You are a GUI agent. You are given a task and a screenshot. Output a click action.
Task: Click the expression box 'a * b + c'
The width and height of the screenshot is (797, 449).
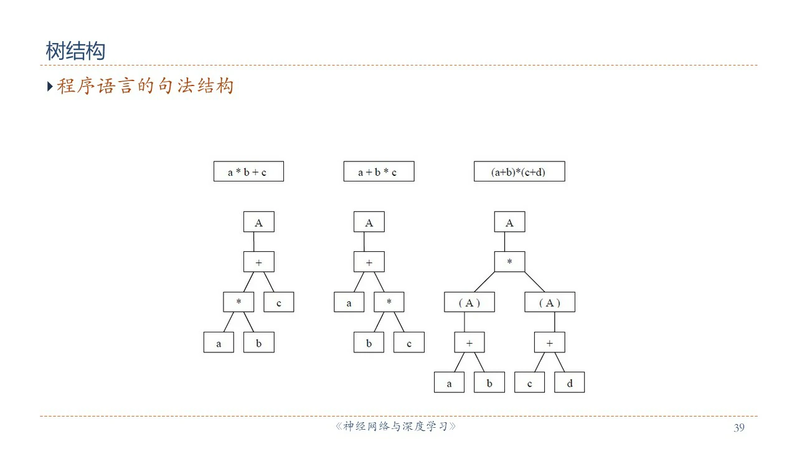click(x=248, y=171)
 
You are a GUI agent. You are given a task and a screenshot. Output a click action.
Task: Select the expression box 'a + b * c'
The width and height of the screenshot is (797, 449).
click(x=379, y=171)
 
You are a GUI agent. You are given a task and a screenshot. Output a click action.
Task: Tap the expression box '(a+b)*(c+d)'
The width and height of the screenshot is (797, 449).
click(x=519, y=171)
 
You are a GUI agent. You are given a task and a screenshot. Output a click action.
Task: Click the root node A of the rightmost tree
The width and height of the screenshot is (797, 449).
click(x=509, y=222)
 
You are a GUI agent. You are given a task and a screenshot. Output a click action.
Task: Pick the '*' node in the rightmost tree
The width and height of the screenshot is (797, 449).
click(x=509, y=262)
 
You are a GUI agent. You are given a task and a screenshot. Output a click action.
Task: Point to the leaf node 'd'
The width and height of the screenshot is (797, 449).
click(x=569, y=382)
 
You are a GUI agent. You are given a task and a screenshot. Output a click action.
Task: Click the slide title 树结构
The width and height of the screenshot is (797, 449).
click(x=75, y=51)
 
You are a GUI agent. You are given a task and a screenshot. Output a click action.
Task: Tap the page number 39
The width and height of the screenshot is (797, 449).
click(x=739, y=427)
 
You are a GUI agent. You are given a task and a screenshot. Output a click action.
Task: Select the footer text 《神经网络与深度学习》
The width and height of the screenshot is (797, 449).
click(x=396, y=427)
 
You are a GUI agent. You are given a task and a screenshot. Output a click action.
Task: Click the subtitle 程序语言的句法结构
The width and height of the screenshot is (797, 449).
click(x=145, y=85)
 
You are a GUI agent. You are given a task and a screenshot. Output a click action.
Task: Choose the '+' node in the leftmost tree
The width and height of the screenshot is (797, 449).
click(x=258, y=262)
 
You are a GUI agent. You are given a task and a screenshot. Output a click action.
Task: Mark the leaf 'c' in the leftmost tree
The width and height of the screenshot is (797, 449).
click(x=278, y=302)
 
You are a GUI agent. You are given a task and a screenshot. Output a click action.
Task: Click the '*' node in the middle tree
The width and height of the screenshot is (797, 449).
click(x=389, y=302)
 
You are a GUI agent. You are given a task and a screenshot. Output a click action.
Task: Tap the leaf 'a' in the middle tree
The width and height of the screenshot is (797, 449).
click(x=349, y=302)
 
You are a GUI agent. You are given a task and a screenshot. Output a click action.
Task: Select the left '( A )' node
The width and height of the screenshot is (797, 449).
click(x=469, y=302)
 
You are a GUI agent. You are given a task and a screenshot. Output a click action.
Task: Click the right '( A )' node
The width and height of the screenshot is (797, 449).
click(x=549, y=302)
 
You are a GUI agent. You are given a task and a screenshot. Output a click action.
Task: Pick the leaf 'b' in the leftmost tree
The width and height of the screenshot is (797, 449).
click(x=258, y=342)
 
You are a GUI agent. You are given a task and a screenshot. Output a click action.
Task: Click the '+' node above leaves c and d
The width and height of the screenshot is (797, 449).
click(x=549, y=342)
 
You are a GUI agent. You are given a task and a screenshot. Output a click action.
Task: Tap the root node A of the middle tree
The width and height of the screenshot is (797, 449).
click(x=369, y=222)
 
